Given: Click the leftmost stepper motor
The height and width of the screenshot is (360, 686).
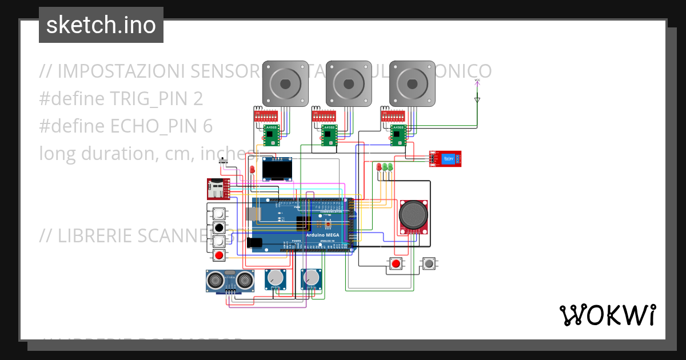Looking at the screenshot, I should (x=285, y=83).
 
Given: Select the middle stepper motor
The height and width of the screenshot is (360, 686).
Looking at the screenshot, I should (x=349, y=83).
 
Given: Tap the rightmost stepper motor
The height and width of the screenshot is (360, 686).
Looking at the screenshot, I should (x=412, y=83).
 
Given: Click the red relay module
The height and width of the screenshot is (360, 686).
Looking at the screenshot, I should (x=446, y=158).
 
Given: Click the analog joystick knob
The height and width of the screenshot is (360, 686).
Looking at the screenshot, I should (x=413, y=215).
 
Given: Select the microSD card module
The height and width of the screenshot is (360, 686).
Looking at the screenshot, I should (x=218, y=189).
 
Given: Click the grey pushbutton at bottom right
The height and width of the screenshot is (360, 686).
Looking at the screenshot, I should (x=428, y=263).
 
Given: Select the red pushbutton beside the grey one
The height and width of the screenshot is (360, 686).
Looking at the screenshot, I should (x=396, y=263).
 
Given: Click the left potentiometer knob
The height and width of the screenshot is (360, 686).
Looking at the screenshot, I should (x=276, y=278).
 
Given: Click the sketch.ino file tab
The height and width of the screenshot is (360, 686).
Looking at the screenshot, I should (x=101, y=25).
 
